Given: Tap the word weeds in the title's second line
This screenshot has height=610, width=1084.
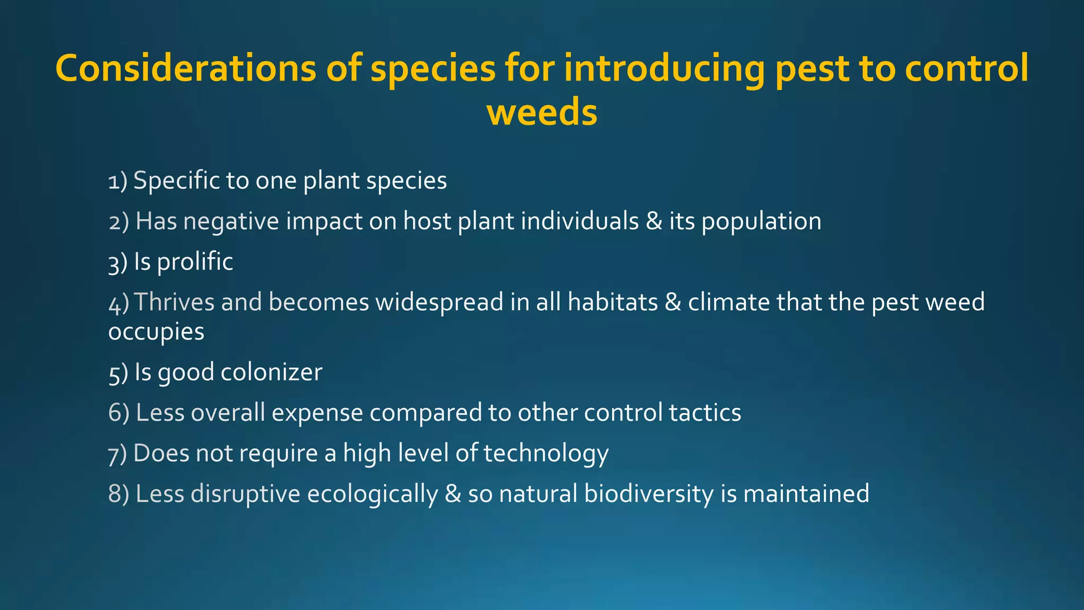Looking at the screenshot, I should click(x=542, y=113).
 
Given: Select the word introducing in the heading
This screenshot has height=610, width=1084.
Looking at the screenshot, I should click(x=664, y=69).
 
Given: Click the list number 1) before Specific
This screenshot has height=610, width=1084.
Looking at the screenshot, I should click(x=118, y=181).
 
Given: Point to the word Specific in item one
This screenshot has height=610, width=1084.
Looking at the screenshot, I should click(x=176, y=181).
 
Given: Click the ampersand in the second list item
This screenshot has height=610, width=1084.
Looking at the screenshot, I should click(x=654, y=221).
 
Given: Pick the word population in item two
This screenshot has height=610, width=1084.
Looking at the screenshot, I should click(x=761, y=222).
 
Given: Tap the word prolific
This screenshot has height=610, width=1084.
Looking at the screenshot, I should click(x=195, y=262).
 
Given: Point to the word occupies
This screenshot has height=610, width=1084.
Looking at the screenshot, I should click(x=156, y=333).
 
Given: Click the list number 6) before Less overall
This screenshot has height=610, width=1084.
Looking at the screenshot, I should click(x=119, y=412).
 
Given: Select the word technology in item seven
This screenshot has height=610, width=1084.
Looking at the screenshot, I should click(x=546, y=454).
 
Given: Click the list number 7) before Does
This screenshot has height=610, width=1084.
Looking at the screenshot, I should click(x=118, y=454).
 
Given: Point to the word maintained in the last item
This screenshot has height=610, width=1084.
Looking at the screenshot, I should click(x=806, y=494).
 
